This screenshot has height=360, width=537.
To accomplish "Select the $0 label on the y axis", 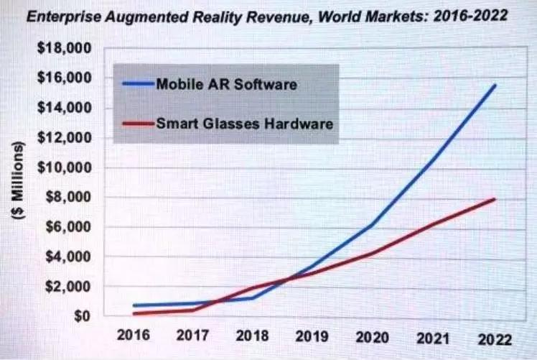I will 85,316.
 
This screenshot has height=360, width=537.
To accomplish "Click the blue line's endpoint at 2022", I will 495,86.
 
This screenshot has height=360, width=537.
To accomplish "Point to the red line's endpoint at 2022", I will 495,199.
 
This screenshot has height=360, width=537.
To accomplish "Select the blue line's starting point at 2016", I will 134,305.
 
